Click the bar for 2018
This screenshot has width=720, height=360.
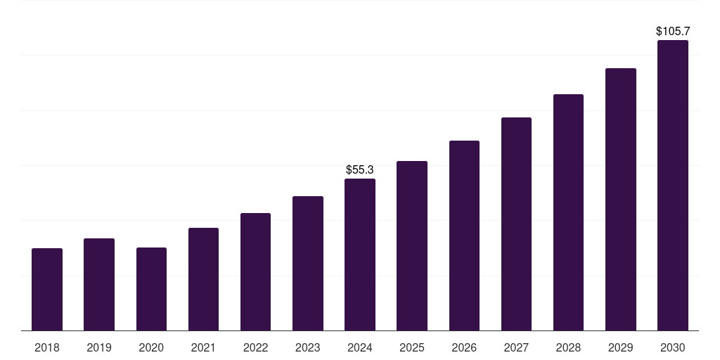coord(47,289)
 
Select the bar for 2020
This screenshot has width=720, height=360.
coord(151,289)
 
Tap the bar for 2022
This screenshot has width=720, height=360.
coord(255,271)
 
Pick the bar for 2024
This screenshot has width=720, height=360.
coord(359,255)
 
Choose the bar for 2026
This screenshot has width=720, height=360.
coord(464,236)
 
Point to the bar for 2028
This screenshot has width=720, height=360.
coord(568,212)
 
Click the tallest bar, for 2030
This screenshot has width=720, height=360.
coord(672,185)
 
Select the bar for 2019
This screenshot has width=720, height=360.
coord(99,284)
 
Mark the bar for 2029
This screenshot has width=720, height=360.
coord(620,199)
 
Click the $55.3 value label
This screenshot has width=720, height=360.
coord(359,169)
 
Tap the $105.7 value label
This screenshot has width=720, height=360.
coord(672,31)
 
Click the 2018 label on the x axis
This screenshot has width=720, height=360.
coord(47,347)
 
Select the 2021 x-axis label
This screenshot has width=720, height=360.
coord(203,347)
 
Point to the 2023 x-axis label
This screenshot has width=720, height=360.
coord(307,347)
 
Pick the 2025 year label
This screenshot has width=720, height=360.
coord(411,347)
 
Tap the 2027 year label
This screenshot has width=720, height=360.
coord(516,347)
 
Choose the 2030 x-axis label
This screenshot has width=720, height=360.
coord(672,347)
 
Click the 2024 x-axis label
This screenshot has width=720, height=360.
coord(359,347)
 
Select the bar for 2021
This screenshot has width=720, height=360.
coord(203,279)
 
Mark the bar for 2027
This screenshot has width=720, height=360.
coord(516,224)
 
